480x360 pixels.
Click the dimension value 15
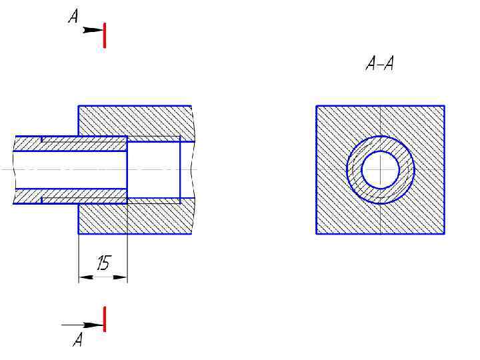coord(104,263)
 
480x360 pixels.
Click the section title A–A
coord(380,64)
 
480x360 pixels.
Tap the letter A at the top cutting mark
coord(73,16)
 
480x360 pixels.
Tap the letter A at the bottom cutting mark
coord(78,339)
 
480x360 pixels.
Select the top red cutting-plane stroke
coord(105,35)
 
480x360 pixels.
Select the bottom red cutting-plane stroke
coord(105,319)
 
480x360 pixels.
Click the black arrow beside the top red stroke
coord(93,30)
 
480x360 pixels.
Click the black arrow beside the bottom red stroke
coord(83,325)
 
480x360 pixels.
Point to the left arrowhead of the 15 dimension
coord(86,277)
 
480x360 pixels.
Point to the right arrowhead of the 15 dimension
coord(120,277)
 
